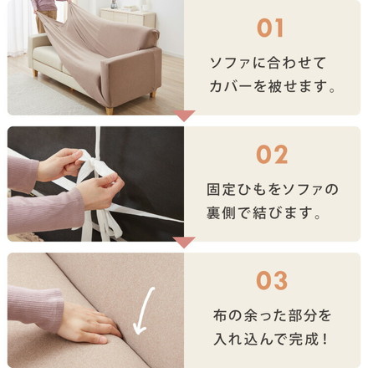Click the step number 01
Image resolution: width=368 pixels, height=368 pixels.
pos(270,28)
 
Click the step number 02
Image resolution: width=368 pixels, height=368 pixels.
pos(272,155)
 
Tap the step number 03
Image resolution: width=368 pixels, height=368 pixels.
pos(272,281)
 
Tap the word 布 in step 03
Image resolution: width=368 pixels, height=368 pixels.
pos(220,315)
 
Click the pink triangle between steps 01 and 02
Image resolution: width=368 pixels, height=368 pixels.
pos(184,115)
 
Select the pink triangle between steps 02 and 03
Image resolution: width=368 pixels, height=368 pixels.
pos(184,243)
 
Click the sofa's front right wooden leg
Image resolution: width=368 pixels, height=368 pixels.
pos(110,110)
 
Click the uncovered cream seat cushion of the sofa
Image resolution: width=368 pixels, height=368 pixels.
pos(47,56)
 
